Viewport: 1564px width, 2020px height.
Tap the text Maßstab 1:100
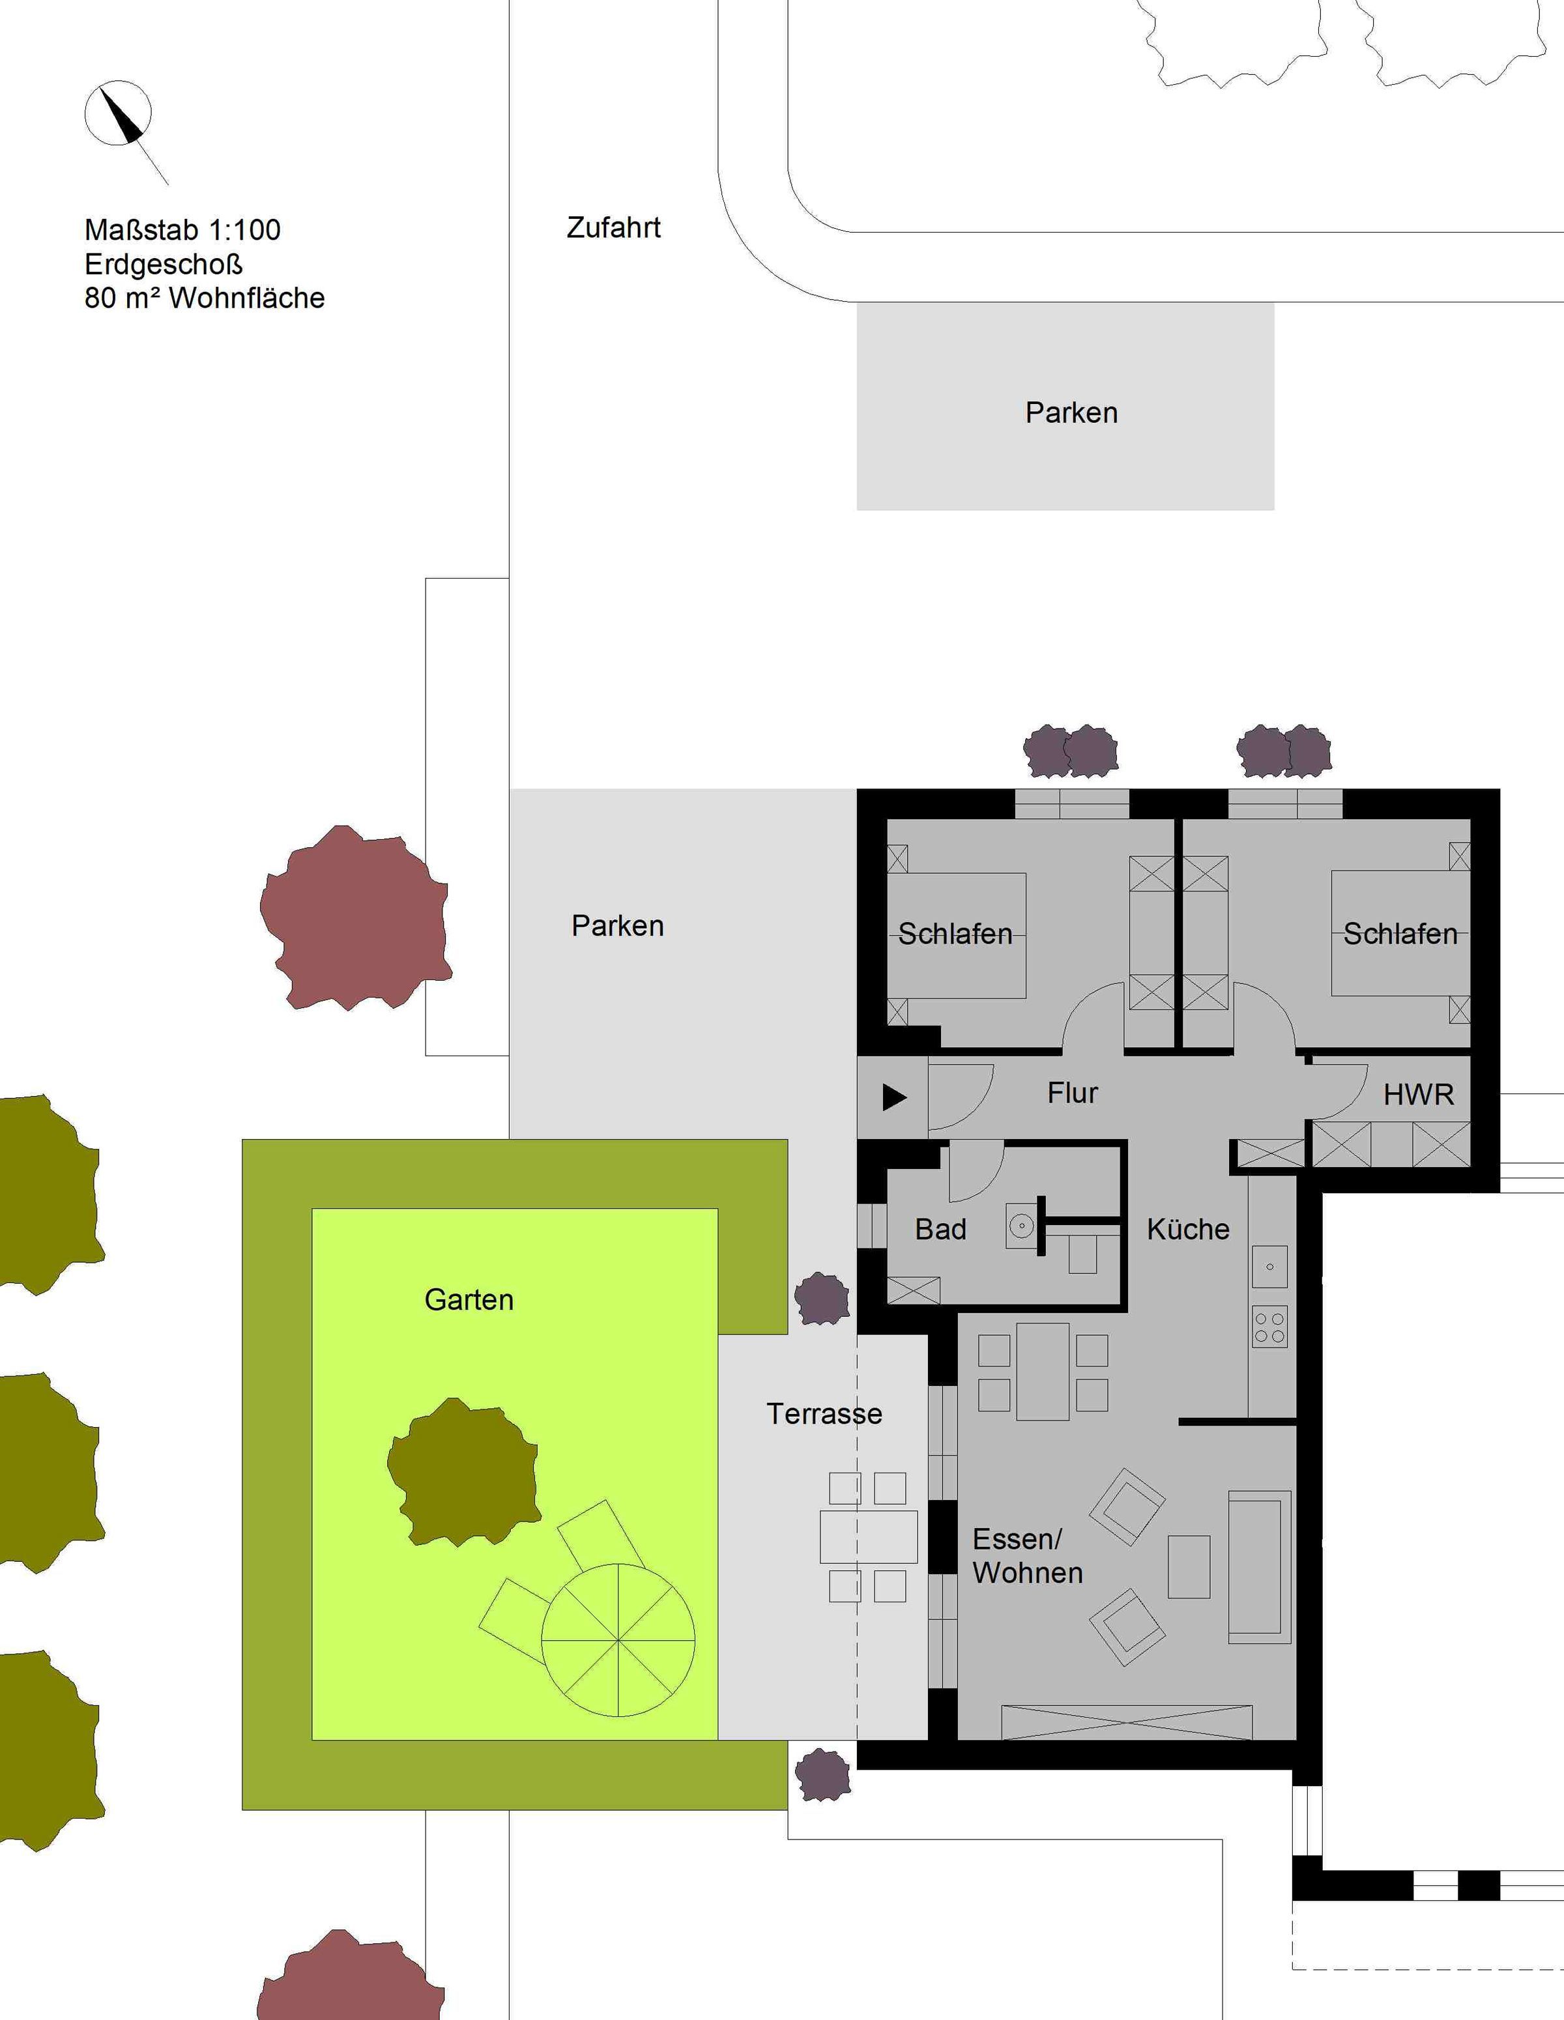(182, 229)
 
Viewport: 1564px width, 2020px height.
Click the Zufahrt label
(613, 227)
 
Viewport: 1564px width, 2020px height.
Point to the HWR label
(1418, 1095)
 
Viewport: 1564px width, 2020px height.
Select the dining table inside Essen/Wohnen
(1043, 1372)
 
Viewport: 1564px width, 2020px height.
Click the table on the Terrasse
(869, 1537)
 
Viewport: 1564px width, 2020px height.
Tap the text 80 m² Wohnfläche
(205, 298)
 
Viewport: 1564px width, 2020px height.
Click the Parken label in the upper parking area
(1071, 412)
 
